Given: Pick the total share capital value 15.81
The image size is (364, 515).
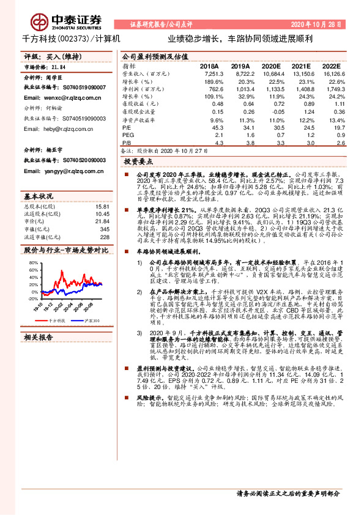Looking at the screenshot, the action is pyautogui.click(x=102, y=207).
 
